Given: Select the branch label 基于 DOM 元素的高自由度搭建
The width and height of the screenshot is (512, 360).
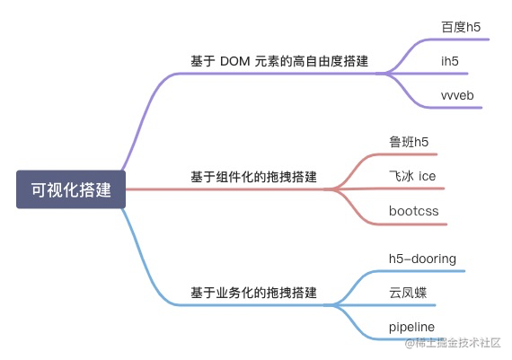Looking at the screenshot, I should click(x=279, y=61).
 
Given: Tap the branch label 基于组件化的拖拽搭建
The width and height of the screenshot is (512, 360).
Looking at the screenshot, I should click(x=253, y=176).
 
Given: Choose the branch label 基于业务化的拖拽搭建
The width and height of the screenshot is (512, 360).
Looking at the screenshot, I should click(x=253, y=293).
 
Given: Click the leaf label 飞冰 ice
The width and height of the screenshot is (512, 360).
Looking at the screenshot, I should click(x=412, y=176).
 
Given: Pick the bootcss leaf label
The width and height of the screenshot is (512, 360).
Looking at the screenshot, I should click(x=414, y=211).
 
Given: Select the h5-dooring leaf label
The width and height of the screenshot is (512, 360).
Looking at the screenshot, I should click(x=422, y=259).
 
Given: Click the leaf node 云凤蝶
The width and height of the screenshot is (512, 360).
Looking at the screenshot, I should click(x=408, y=293).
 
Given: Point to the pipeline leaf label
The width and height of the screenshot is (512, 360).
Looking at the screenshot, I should click(x=412, y=326).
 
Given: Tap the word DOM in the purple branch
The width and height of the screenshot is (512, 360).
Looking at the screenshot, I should click(x=234, y=61).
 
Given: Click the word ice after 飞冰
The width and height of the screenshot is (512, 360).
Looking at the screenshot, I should click(x=427, y=176).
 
